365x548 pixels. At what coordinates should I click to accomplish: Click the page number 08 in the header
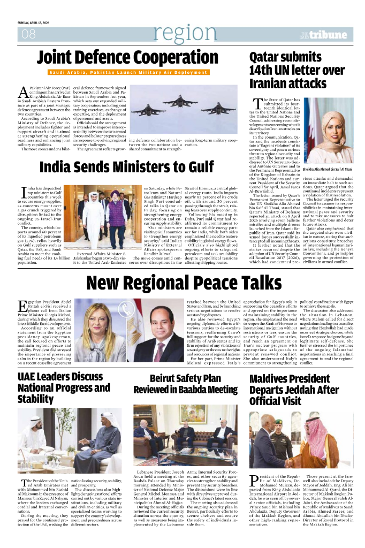pyautogui.click(x=28, y=34)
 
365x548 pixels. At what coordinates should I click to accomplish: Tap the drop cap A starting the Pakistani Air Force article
pyautogui.click(x=23, y=92)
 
